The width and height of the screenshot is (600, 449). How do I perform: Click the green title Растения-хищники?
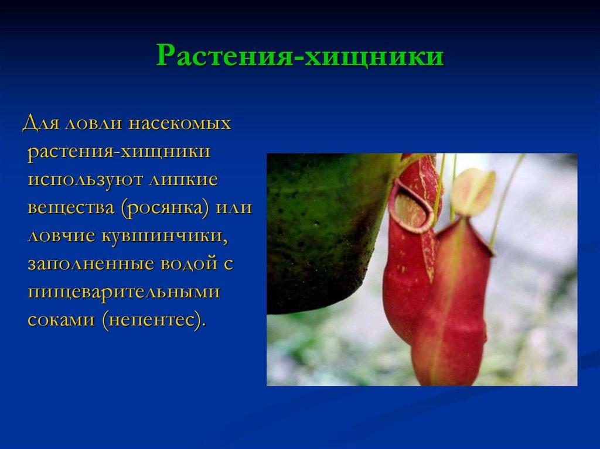click(x=300, y=56)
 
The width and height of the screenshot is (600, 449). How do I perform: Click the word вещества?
click(x=71, y=208)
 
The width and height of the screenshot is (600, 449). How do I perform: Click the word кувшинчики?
click(x=165, y=236)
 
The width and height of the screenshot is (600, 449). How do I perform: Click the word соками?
click(x=61, y=320)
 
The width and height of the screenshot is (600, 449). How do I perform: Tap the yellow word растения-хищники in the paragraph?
click(x=119, y=152)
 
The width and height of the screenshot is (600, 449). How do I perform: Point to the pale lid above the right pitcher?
click(x=473, y=191)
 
